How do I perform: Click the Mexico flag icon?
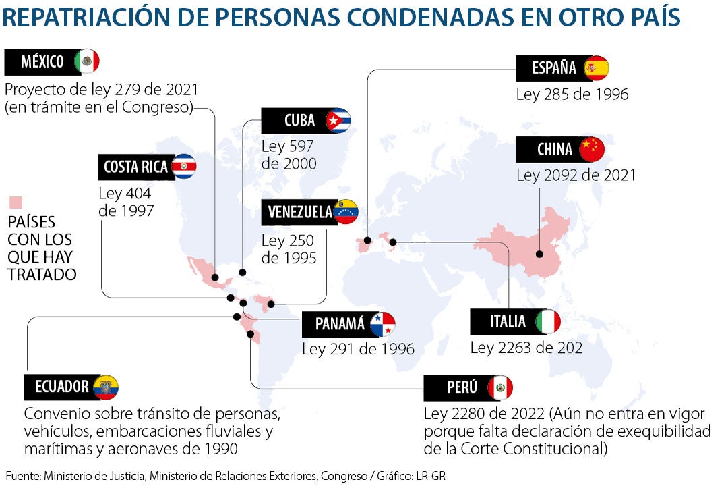(87, 61)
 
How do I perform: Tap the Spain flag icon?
(596, 68)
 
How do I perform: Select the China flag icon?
(592, 149)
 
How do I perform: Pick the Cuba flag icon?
(338, 121)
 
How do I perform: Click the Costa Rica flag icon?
(183, 166)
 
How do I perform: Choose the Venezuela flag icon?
(346, 212)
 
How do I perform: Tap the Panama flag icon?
(382, 325)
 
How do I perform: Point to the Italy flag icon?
(548, 322)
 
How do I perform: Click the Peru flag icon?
(500, 387)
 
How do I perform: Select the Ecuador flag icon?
(106, 387)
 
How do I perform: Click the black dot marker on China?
(539, 254)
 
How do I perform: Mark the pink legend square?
(15, 202)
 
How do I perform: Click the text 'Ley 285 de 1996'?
(572, 94)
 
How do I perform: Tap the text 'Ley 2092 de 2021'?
(576, 175)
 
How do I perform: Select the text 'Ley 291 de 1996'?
(358, 350)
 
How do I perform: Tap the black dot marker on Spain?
(367, 240)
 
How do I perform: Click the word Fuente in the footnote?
(22, 476)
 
